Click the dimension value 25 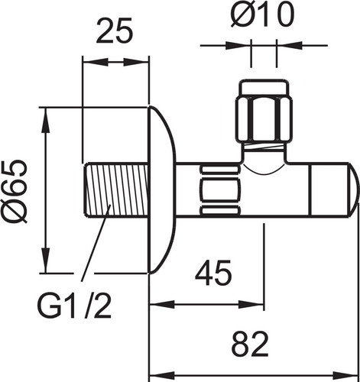pos(115,31)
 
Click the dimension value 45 pos(213,273)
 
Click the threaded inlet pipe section pos(117,191)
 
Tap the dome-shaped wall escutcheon pos(163,190)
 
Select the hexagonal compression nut pos(264,120)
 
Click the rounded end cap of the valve pos(354,189)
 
